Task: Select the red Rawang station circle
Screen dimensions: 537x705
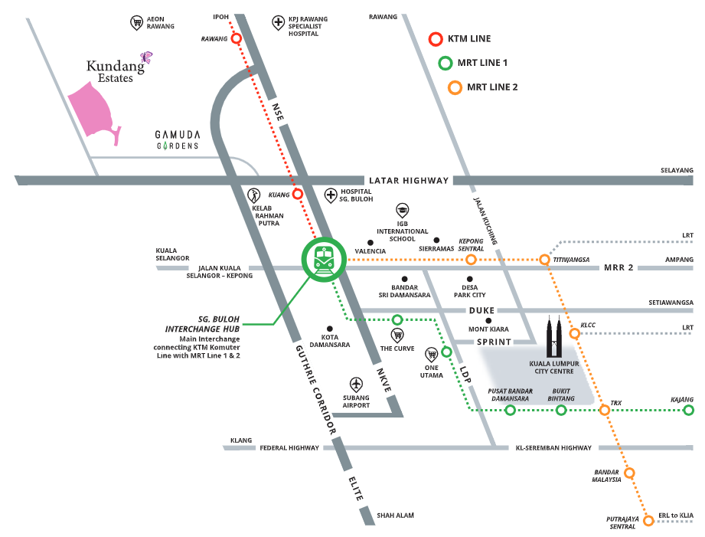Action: coord(237,38)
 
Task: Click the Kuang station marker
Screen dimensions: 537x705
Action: coord(298,194)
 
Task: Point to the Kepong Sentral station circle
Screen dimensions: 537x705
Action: coord(471,260)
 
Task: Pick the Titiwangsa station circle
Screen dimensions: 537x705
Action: coord(544,260)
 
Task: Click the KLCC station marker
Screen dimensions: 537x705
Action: coord(574,333)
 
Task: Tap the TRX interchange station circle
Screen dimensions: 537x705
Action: coord(605,411)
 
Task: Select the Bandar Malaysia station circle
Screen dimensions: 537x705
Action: coord(629,473)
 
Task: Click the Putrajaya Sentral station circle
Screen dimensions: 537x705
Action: coord(648,521)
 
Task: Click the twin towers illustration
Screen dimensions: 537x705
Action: coord(557,337)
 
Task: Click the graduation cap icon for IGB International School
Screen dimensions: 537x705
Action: coord(402,211)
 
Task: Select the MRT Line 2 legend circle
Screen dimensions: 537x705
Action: coord(455,87)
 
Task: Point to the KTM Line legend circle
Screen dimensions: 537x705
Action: coord(436,38)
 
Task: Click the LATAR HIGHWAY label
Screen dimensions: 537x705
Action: coord(408,180)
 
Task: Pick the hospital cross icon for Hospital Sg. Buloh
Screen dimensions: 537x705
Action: coord(330,195)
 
